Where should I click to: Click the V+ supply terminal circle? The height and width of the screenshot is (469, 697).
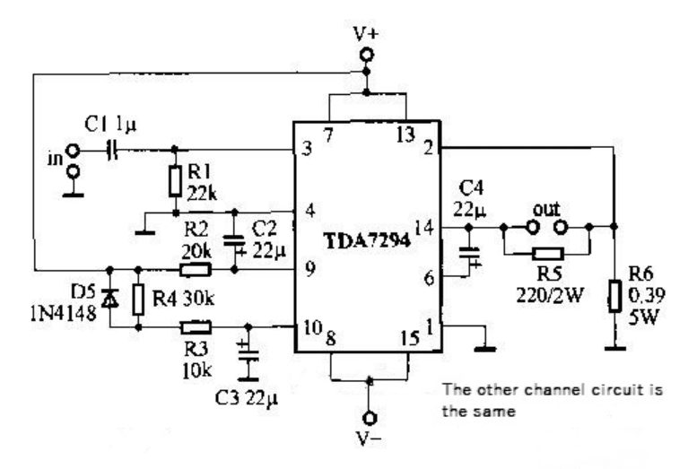coord(367,55)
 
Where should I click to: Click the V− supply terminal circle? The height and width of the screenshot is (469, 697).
coord(370,418)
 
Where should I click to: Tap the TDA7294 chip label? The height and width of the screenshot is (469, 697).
coord(367,241)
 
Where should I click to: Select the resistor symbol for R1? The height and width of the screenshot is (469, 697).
coord(175,181)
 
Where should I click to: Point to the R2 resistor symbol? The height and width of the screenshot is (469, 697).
coord(196,269)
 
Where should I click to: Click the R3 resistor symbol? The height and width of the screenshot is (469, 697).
coord(196,327)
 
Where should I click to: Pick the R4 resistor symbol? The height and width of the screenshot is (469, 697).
coord(138,300)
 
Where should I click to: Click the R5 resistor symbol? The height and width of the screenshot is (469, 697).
coord(548,254)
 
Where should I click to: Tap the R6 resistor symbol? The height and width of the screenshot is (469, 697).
coord(615,296)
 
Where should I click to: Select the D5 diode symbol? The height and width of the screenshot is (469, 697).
coord(109,298)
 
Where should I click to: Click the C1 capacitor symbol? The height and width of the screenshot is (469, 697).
coord(113,151)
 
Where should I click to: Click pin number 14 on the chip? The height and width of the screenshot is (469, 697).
coord(424,228)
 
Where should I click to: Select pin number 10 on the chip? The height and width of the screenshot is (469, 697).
coord(312,327)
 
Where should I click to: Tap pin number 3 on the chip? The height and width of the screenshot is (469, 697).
coord(307,148)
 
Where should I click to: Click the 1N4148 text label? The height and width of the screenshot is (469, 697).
coord(63,314)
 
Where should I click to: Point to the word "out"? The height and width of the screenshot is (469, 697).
coord(546,209)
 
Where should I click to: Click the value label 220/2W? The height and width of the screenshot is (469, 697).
coord(549,294)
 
